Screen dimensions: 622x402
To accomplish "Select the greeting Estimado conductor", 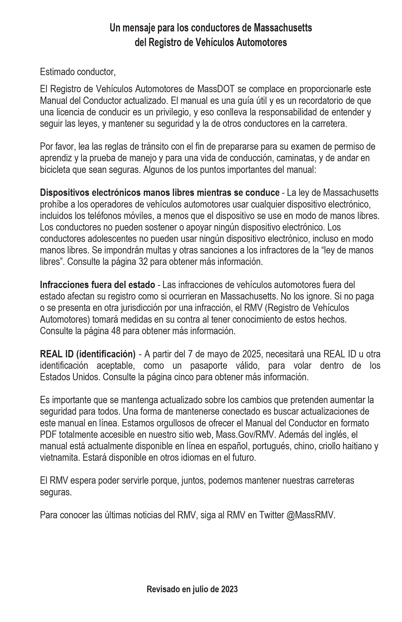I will [x=77, y=72].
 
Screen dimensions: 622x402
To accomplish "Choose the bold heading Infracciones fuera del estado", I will [x=97, y=285].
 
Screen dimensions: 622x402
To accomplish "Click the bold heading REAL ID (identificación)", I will [x=87, y=354].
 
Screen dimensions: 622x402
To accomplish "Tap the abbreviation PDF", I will [x=48, y=435].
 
